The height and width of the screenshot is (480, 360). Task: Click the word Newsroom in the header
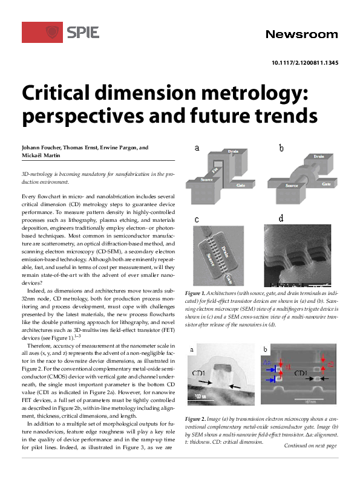pos(301,34)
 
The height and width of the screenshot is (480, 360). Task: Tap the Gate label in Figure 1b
pos(326,183)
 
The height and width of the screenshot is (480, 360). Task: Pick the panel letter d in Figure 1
pos(281,218)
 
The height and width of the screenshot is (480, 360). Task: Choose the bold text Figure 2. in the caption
pos(196,419)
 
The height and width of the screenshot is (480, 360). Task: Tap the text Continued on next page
pos(310,446)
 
